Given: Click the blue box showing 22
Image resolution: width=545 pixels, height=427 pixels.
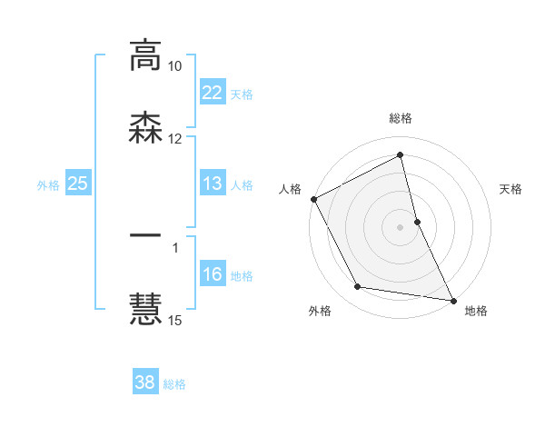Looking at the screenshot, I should [x=212, y=93].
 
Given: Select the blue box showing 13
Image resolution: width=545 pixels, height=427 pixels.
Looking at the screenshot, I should [x=212, y=184].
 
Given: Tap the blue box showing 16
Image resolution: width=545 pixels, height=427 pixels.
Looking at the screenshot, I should [x=212, y=274].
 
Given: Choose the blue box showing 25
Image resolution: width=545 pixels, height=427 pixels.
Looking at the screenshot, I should [x=77, y=184].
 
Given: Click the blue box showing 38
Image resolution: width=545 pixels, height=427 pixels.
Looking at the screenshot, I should [x=144, y=382].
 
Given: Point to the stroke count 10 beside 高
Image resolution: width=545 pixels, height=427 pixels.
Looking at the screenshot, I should [x=174, y=66].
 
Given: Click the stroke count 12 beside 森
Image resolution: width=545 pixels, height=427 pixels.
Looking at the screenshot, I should [x=174, y=139].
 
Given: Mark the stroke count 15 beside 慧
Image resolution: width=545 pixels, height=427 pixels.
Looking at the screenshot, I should [x=174, y=320].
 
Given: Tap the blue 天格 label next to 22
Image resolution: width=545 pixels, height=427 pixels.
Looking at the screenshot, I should [x=242, y=94].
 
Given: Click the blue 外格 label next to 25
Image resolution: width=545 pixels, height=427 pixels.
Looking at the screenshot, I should [x=48, y=184].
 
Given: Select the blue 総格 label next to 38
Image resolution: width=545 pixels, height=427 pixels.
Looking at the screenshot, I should [x=174, y=383].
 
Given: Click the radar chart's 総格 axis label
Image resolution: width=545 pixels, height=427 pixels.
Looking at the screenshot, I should [x=401, y=118].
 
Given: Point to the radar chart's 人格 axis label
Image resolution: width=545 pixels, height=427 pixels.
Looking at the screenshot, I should [x=291, y=189].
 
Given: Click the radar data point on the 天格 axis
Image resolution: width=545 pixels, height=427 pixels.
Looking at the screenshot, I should [x=417, y=221].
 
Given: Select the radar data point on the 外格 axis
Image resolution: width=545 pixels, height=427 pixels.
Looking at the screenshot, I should [x=357, y=288].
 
